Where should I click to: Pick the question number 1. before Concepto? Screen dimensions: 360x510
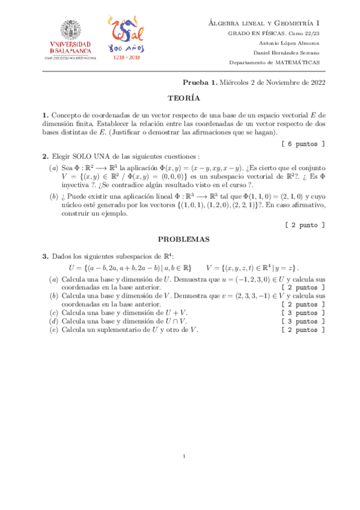(x=45, y=115)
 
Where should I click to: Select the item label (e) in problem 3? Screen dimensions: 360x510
(x=53, y=330)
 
